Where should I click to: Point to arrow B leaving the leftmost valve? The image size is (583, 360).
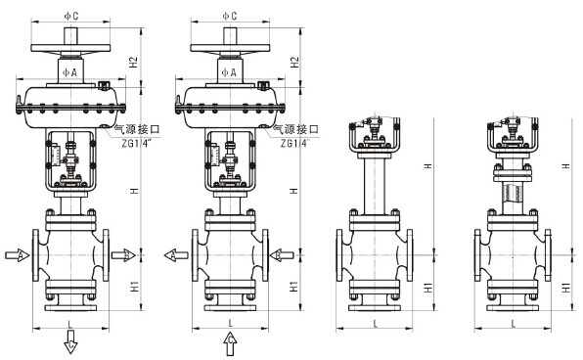point(123,255)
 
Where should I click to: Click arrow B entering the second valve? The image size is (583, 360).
point(280,255)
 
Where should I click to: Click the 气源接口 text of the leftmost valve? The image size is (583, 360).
point(136,128)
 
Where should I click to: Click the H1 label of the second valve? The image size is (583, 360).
point(292,286)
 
